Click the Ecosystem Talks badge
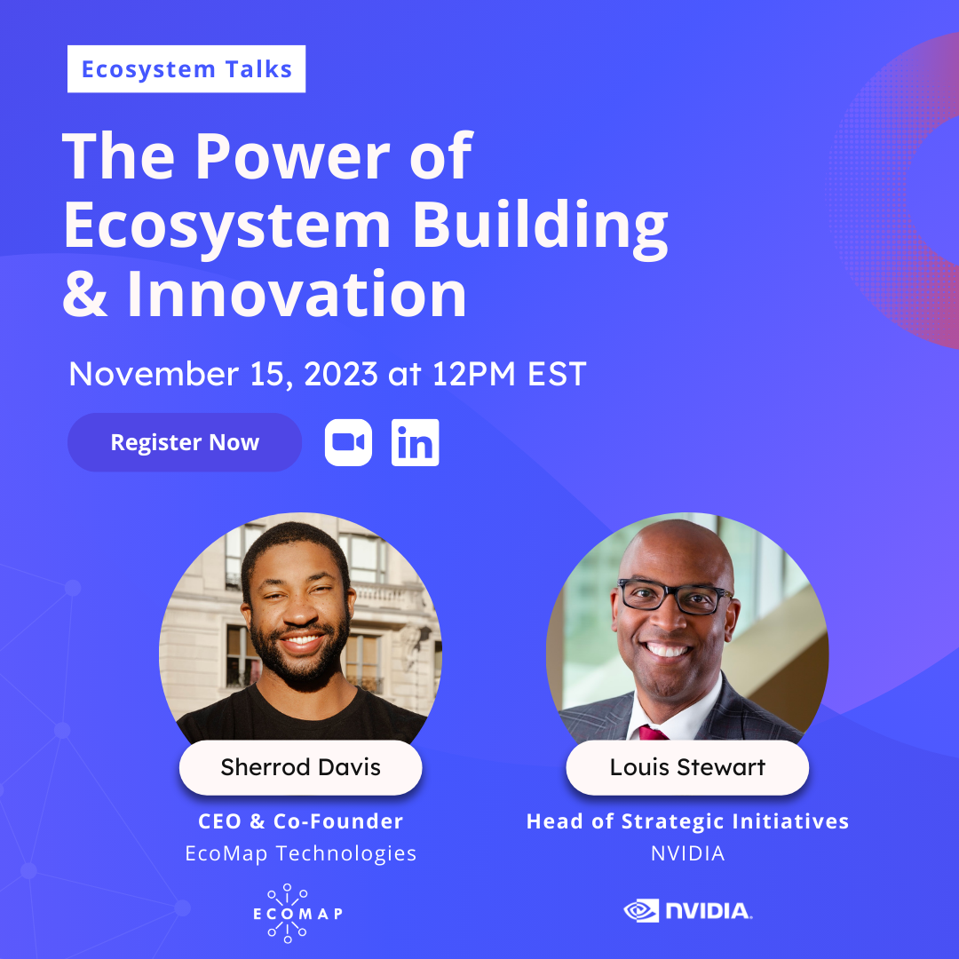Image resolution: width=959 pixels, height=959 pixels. tap(186, 69)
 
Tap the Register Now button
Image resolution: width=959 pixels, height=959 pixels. tap(185, 442)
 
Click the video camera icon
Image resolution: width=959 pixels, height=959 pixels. tap(348, 442)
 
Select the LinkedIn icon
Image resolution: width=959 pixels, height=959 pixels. tap(415, 443)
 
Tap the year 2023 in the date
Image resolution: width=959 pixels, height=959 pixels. tap(341, 374)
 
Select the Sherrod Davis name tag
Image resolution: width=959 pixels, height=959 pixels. tap(300, 767)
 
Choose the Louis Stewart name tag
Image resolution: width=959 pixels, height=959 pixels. tap(687, 767)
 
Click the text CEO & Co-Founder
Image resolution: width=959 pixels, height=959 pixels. tap(300, 821)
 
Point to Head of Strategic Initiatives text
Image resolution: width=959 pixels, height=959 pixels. tap(687, 821)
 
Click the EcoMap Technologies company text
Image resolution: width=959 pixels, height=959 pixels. tap(300, 853)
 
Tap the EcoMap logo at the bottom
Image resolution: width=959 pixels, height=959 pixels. tap(289, 912)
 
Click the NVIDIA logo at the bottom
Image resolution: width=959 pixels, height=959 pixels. tap(687, 910)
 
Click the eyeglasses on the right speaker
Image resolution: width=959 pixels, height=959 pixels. tap(676, 596)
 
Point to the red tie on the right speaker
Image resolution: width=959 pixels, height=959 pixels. tap(653, 732)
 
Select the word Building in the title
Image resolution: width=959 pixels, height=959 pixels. tap(540, 226)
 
